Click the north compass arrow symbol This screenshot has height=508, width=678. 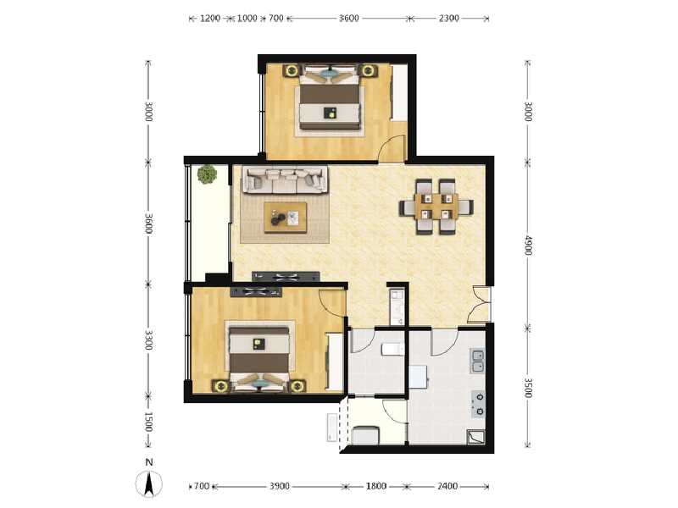[149, 483]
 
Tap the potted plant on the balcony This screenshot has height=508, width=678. [206, 175]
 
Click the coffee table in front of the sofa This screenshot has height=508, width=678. [286, 218]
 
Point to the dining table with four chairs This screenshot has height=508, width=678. [436, 206]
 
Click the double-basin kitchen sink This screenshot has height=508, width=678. [479, 362]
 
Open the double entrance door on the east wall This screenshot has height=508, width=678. [481, 305]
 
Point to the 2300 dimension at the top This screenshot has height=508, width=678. [449, 18]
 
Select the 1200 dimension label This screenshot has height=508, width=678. [210, 18]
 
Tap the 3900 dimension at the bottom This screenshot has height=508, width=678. [280, 486]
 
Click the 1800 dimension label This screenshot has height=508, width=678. [376, 486]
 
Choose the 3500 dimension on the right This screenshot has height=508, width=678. [527, 388]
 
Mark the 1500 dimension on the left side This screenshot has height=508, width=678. [148, 421]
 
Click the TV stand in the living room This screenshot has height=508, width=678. [286, 275]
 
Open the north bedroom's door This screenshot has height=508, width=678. [392, 149]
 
